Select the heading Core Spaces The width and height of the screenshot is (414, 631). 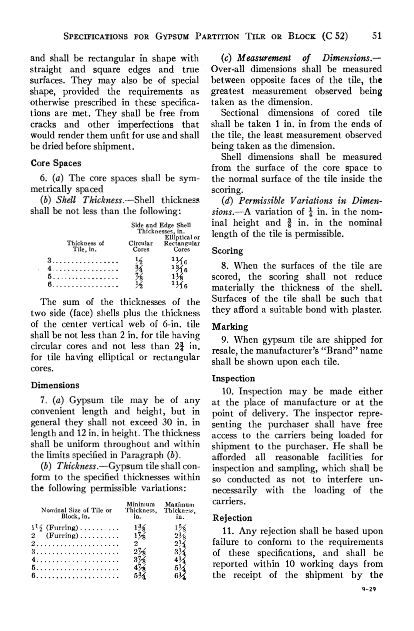coord(56,163)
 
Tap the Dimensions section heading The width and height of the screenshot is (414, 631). coord(55,385)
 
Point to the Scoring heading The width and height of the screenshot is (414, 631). coord(227,251)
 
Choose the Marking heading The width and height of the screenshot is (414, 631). coord(230,327)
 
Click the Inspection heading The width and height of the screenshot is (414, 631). coord(233,378)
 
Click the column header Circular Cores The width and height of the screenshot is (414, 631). coord(141,246)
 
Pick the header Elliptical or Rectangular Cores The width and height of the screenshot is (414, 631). coord(182,243)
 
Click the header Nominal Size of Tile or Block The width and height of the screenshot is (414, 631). coord(76,512)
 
